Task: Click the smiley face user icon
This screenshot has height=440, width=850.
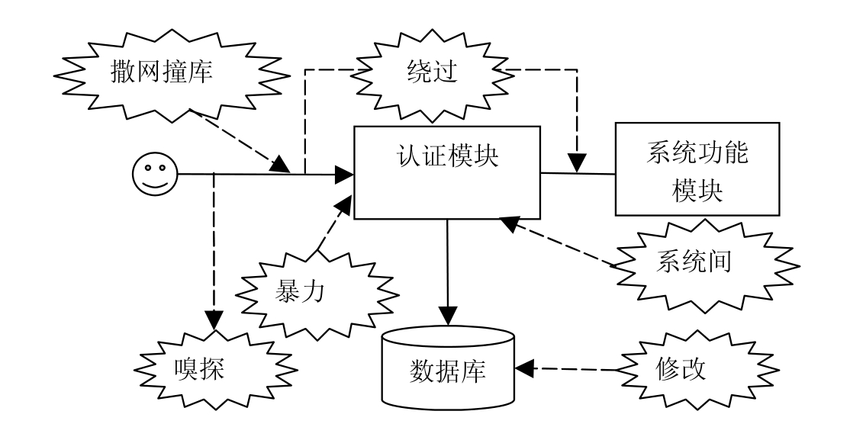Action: pos(154,175)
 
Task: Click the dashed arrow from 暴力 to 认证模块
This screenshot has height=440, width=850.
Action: pos(333,224)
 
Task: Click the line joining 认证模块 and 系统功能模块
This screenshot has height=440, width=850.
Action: pos(578,174)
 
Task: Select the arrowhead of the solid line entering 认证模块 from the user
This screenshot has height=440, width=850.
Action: pos(345,175)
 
